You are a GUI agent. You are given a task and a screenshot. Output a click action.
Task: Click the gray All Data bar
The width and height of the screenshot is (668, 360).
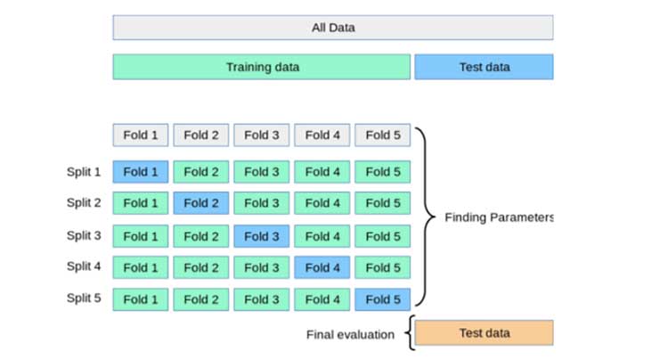pos(333,28)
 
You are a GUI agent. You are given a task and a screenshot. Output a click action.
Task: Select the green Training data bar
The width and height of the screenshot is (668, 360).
pos(262,67)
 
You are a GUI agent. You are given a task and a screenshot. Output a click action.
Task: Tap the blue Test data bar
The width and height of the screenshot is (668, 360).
pos(484,67)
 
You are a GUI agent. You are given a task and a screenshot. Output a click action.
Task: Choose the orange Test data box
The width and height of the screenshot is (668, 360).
pos(484,332)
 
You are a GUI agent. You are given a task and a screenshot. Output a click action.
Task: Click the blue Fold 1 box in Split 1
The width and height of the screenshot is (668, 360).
pos(141,172)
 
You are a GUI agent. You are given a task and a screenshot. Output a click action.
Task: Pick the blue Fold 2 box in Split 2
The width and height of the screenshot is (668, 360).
pos(201,203)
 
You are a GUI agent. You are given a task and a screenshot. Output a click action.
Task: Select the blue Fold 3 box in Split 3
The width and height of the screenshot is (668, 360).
pos(262,236)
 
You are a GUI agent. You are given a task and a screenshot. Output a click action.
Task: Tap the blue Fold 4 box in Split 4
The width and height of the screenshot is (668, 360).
pos(322,267)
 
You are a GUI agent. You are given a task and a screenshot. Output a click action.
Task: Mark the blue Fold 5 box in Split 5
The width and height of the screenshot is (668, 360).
pos(383,299)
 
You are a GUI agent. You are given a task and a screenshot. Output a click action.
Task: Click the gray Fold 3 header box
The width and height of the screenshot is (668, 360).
pos(262,135)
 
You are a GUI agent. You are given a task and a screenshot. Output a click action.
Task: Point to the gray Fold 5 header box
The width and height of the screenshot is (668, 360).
pos(383,135)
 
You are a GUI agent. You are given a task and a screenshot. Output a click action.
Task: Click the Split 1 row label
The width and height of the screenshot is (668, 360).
pos(84,172)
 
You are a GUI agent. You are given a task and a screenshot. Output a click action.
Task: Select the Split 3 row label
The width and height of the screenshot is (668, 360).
pos(84,235)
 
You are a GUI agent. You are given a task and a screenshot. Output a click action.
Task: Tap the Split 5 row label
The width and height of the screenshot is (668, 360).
pos(84,298)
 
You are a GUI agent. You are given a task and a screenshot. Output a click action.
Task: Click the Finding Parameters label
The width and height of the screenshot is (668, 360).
pos(499,217)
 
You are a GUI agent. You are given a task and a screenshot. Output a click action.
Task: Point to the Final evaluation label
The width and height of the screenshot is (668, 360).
pos(350,334)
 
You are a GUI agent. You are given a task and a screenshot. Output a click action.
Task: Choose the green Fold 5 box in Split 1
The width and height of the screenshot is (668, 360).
pos(383,172)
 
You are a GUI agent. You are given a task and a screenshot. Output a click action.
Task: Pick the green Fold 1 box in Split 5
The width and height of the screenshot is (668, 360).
pos(141,299)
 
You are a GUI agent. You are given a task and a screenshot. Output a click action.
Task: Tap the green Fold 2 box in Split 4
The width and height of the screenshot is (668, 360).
pos(201,267)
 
